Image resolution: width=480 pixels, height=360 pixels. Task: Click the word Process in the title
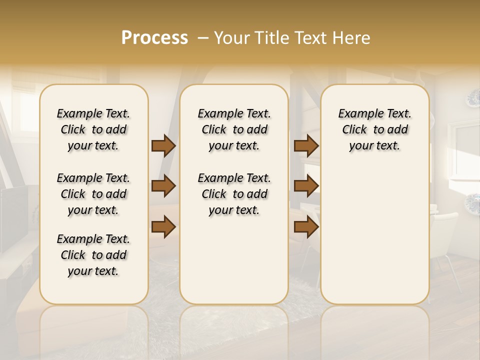point(154,38)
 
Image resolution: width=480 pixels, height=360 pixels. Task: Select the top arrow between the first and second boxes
point(163,146)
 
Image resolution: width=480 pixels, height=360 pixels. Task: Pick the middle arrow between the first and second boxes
point(163,186)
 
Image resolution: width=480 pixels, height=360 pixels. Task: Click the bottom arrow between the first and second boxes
point(163,227)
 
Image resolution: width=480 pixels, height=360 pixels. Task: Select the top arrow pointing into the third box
point(306,146)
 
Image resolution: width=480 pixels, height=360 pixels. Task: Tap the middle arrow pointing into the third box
point(306,186)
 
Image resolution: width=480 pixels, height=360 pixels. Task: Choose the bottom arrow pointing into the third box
point(306,227)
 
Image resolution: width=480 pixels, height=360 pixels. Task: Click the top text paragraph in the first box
point(93,129)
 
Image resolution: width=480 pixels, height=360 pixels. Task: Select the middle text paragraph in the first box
point(93,194)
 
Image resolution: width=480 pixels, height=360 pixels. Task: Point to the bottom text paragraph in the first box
point(93,255)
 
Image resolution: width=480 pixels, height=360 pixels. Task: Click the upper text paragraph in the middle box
point(234,129)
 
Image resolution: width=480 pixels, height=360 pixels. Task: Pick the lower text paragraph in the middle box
point(234,194)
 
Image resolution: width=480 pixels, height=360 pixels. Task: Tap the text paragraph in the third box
point(375,129)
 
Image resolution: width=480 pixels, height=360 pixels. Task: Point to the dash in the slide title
point(202,38)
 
